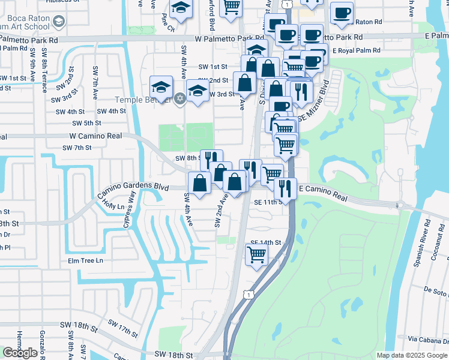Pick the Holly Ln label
pos(113,206)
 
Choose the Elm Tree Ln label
pos(85,260)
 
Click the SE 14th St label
pos(266,242)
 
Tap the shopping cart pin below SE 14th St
pos(256,254)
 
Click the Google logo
pos(20,353)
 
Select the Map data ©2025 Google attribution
pos(412,355)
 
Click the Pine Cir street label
pos(167,26)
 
